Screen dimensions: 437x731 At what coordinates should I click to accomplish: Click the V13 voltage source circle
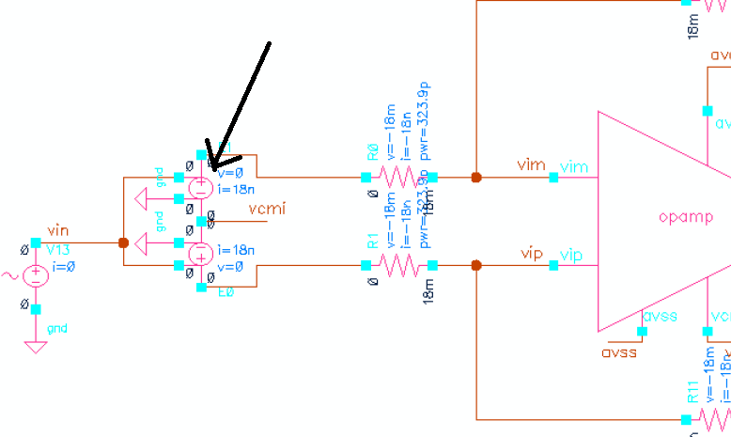36,275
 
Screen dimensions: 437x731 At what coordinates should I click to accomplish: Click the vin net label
58,231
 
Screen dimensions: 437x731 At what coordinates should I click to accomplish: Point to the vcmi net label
270,208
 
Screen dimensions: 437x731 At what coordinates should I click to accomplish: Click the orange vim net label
531,165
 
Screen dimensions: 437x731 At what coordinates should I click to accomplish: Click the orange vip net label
531,255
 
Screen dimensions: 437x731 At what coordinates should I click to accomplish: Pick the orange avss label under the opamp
618,352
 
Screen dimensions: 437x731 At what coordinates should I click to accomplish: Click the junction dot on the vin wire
123,242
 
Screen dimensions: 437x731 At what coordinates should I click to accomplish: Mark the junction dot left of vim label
476,177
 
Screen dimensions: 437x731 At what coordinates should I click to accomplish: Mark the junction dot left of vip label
476,265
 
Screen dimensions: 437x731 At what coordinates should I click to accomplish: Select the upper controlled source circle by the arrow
201,187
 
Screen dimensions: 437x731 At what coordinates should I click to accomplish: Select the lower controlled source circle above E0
201,255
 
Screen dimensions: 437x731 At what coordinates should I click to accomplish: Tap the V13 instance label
59,249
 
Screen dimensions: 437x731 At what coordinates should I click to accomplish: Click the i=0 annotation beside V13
64,266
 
